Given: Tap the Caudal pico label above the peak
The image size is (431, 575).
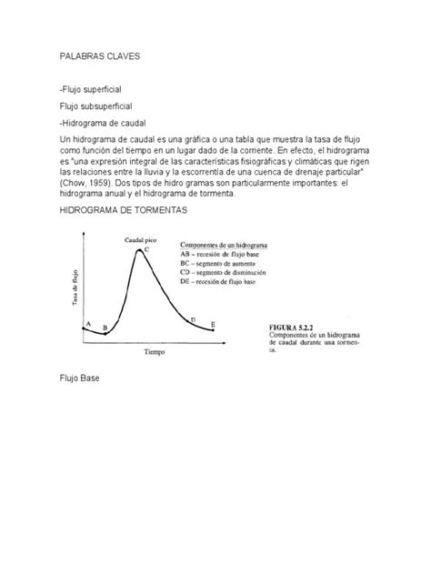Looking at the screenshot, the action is (141, 239).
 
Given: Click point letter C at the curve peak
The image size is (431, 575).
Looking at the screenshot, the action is (146, 248).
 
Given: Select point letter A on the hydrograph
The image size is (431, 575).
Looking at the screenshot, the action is (87, 323).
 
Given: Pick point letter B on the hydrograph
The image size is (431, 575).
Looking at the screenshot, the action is (105, 328).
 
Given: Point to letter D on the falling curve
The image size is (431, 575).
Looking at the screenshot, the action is (192, 319).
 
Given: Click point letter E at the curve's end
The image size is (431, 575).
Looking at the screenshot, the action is (213, 325).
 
